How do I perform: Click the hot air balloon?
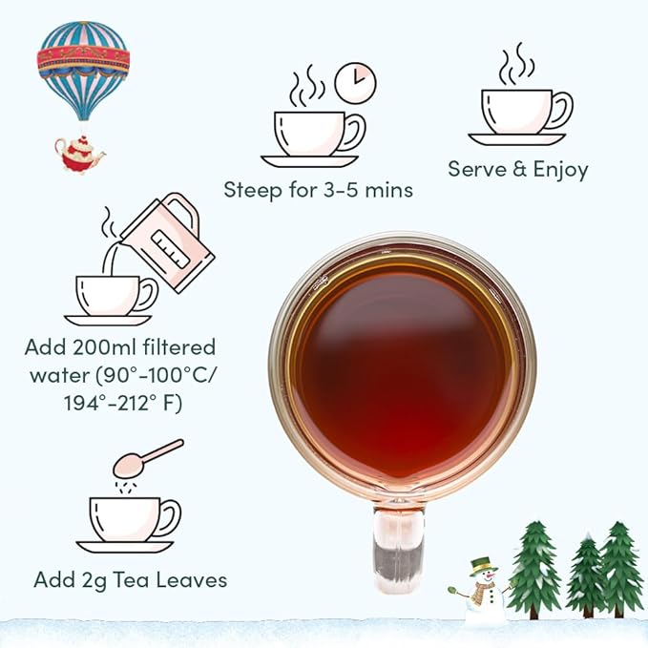(83, 61)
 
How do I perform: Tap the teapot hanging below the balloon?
(78, 153)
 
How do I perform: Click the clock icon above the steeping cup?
(356, 83)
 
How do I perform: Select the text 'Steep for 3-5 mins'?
(318, 190)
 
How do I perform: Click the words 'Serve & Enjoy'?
(517, 170)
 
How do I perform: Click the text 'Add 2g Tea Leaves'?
(130, 579)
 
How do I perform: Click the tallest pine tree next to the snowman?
(533, 570)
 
